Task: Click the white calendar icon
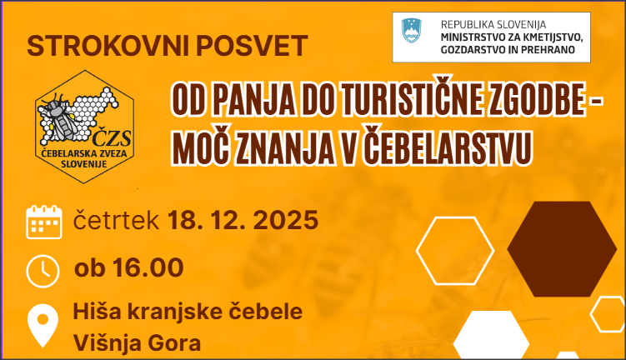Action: coord(43,222)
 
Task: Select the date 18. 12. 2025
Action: coord(243,221)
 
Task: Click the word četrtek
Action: coord(117,221)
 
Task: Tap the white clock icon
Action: coord(43,269)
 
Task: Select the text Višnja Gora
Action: coord(137,342)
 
